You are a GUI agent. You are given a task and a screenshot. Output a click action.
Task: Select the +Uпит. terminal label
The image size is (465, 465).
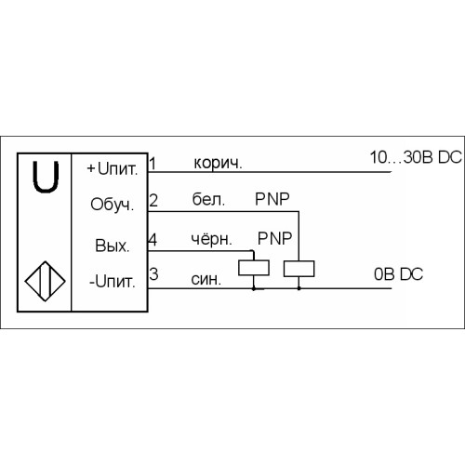point(112,169)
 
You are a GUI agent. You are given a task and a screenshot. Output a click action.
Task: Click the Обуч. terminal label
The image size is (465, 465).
point(112,205)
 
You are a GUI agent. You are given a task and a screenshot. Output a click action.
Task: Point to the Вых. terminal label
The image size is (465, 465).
point(112,246)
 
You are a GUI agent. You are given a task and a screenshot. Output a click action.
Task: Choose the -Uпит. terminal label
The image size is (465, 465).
point(113,282)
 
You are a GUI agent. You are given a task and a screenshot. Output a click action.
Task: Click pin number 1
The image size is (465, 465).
point(153,164)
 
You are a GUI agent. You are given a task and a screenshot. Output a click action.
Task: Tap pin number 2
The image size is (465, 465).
point(153,200)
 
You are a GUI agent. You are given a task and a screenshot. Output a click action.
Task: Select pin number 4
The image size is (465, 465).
point(153,240)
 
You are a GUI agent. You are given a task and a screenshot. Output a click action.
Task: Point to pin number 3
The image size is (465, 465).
point(153,274)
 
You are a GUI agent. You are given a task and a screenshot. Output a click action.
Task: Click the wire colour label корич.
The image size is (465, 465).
point(218,163)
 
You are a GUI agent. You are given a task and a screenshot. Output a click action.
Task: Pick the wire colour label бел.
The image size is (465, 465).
point(208,199)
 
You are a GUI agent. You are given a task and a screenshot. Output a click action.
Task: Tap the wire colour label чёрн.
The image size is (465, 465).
point(211,239)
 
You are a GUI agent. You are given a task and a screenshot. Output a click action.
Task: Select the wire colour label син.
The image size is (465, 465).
point(206,279)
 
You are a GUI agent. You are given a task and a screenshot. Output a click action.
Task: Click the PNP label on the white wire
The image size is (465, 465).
point(272,199)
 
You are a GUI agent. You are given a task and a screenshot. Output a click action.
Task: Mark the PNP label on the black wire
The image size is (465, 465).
point(274,238)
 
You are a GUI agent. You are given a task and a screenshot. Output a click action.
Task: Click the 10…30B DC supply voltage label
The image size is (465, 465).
point(416,157)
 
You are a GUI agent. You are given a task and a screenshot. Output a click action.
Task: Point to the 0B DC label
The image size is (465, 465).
point(398,274)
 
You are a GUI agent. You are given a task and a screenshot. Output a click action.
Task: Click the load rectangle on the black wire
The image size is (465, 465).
point(254,268)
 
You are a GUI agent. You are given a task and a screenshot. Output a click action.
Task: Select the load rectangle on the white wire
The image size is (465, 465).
point(299,269)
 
